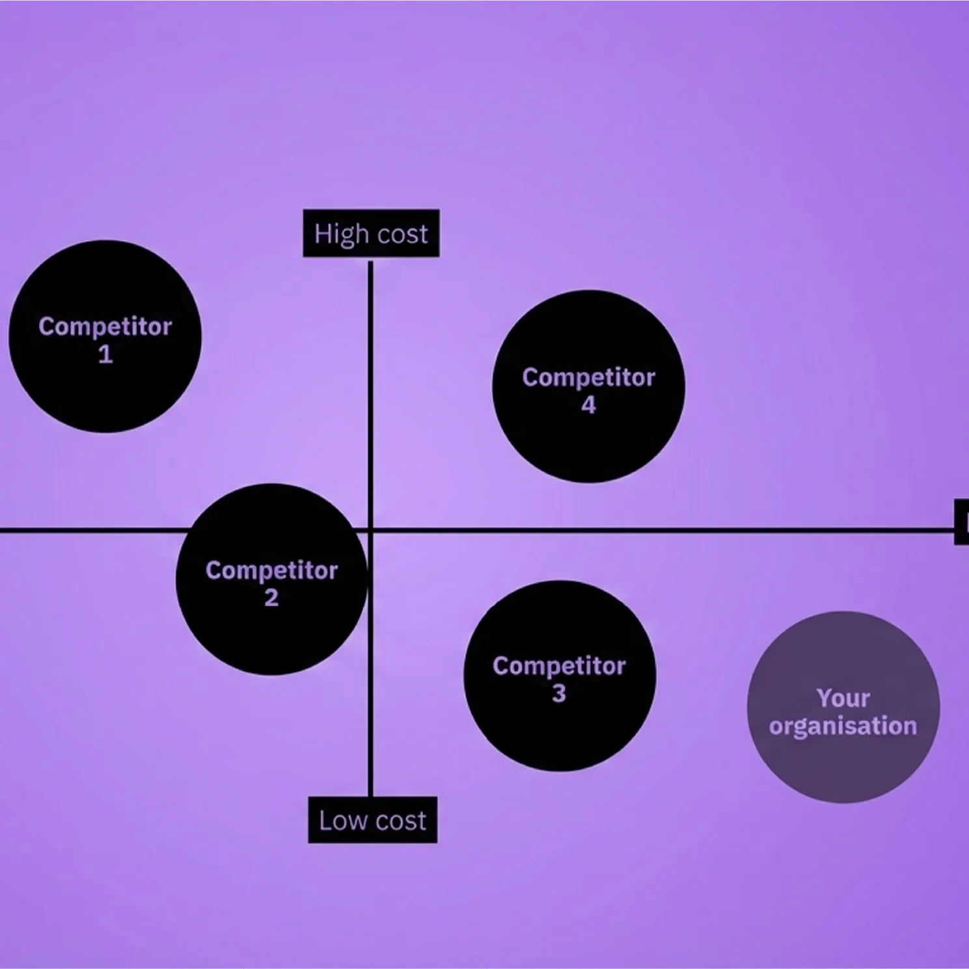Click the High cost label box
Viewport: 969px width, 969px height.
point(371,233)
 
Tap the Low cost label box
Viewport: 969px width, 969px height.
point(372,820)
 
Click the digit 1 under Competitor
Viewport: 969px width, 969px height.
point(105,354)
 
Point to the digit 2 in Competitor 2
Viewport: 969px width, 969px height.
point(271,598)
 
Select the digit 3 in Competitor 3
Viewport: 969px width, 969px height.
point(559,694)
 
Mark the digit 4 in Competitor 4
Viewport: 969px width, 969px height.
point(588,405)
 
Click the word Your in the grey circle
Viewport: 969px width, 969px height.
point(843,698)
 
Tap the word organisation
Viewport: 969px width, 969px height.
point(843,726)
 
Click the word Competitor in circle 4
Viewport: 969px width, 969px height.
point(588,377)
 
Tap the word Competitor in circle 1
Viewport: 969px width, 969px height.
point(105,326)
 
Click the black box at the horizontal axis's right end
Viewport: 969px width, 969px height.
point(962,522)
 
